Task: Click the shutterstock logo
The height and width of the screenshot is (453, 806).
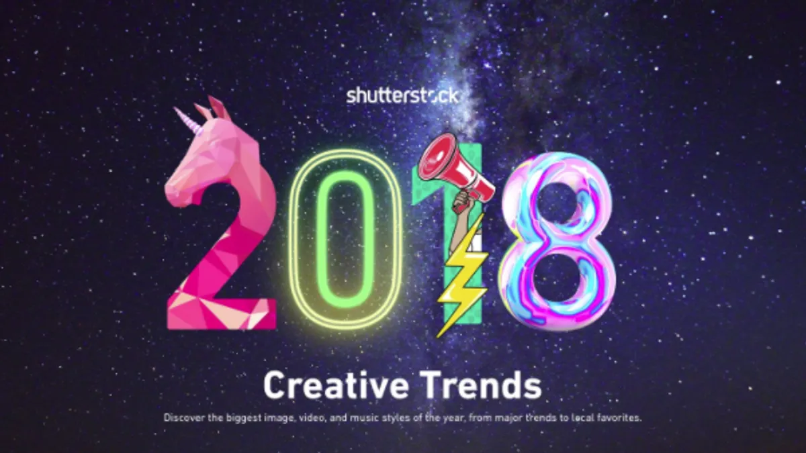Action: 402,96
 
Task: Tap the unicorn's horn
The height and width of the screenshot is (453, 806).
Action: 187,119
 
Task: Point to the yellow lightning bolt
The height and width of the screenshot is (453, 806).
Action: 461,276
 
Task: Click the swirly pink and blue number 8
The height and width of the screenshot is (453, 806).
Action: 557,241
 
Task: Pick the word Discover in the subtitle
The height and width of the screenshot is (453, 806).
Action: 184,417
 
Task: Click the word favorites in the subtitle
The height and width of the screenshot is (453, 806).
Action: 619,418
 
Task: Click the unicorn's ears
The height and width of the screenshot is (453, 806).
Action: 213,107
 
